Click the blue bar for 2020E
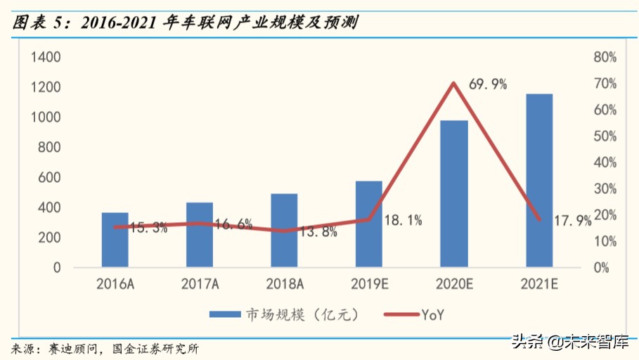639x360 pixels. point(453,193)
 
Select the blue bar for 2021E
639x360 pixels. point(539,180)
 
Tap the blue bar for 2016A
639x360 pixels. point(115,240)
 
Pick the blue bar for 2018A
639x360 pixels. point(285,230)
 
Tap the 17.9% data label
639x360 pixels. point(573,221)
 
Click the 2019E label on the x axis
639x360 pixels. point(369,284)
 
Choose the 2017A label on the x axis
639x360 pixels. point(200,284)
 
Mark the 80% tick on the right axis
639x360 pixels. point(605,57)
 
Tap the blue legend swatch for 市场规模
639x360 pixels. point(223,314)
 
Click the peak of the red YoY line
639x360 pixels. point(453,84)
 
